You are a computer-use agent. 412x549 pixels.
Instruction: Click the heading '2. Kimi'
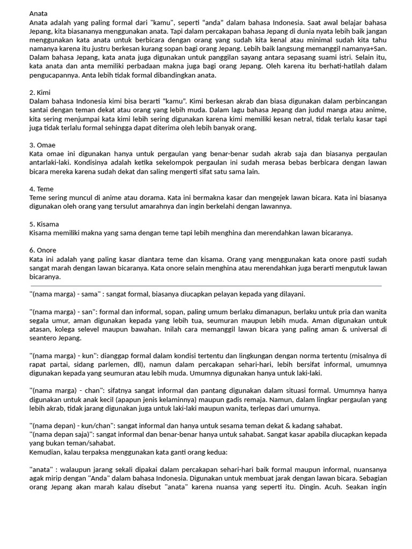pyautogui.click(x=40, y=92)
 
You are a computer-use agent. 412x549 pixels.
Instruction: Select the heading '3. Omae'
pyautogui.click(x=42, y=145)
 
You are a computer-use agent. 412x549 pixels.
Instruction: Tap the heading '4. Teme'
pyautogui.click(x=41, y=189)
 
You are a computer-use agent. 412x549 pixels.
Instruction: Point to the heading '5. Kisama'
pyautogui.click(x=44, y=224)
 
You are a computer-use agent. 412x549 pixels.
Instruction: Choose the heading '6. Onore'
pyautogui.click(x=42, y=250)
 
